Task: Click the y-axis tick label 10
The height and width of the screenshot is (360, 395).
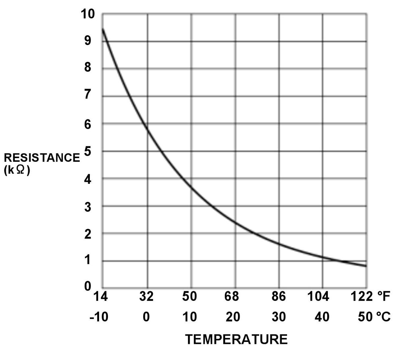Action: click(87, 14)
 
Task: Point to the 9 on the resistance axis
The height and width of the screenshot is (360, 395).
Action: click(88, 41)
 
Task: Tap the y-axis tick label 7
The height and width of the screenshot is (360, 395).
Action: click(88, 95)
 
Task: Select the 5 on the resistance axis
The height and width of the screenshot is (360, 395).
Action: click(88, 152)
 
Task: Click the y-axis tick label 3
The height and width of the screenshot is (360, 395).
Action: click(88, 207)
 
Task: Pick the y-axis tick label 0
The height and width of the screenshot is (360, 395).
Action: click(88, 286)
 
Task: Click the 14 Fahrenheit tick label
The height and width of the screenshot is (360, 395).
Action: click(100, 297)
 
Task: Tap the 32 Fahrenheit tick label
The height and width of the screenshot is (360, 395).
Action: click(146, 297)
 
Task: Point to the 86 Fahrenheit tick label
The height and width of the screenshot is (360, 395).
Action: click(278, 297)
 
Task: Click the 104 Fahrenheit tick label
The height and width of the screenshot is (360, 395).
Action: click(318, 297)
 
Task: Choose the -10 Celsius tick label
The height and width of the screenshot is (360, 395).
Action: click(99, 317)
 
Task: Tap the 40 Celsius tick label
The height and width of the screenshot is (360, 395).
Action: click(322, 317)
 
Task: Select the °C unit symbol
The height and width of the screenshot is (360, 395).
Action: click(383, 317)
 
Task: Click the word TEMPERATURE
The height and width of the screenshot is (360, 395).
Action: click(236, 339)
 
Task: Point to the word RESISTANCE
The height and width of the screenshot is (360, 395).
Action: click(42, 158)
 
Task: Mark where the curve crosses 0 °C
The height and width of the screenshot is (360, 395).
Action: click(147, 130)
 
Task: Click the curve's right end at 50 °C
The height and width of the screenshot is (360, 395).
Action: click(366, 266)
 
